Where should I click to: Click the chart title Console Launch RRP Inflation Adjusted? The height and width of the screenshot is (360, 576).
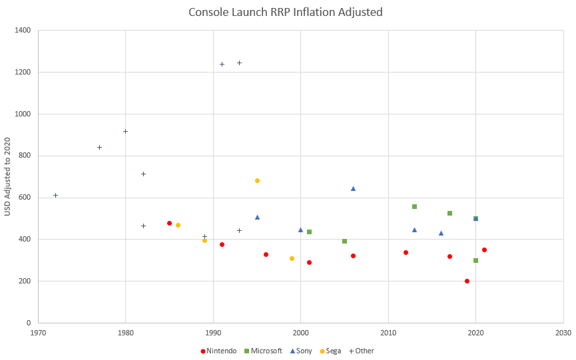pyautogui.click(x=286, y=12)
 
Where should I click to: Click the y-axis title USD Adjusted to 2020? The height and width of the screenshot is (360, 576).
pyautogui.click(x=8, y=176)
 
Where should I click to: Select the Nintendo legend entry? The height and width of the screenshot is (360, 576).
pyautogui.click(x=218, y=351)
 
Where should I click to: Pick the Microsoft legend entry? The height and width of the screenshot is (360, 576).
pyautogui.click(x=264, y=351)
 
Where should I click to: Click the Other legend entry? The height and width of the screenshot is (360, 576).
pyautogui.click(x=363, y=351)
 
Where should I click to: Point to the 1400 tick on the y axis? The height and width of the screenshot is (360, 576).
pyautogui.click(x=23, y=31)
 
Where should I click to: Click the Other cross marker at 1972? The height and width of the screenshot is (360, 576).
pyautogui.click(x=55, y=195)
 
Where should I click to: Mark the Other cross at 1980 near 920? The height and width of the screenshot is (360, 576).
pyautogui.click(x=125, y=131)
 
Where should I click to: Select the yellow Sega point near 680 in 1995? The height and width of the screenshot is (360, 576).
pyautogui.click(x=257, y=180)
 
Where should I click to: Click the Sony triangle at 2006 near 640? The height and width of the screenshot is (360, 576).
pyautogui.click(x=353, y=188)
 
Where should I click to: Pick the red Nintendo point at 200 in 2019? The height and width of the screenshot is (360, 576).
pyautogui.click(x=467, y=281)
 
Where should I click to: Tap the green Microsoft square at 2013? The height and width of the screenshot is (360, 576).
pyautogui.click(x=414, y=206)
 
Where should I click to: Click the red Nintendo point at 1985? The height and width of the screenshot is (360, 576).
pyautogui.click(x=169, y=223)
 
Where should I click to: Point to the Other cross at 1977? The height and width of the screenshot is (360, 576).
pyautogui.click(x=99, y=147)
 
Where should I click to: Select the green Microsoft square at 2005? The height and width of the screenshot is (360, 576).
pyautogui.click(x=344, y=241)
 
